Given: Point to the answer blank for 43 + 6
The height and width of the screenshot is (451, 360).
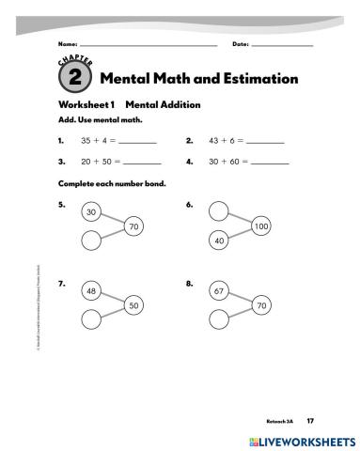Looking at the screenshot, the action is tap(264, 142).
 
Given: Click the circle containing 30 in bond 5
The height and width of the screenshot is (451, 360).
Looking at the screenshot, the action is tap(91, 212).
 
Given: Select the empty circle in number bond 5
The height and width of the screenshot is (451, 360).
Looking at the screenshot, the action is tap(91, 241).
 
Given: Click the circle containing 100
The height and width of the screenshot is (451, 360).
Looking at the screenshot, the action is tap(260, 226).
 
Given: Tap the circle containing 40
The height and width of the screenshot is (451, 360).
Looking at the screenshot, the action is tap(219, 241).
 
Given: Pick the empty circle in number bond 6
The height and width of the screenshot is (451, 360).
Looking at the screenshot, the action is tap(219, 212).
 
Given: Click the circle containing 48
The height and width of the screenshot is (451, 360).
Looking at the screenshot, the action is tap(91, 291).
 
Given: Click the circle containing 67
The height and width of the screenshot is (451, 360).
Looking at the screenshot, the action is tap(219, 291).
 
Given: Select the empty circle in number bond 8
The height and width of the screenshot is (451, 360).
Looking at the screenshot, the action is tap(219, 319).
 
